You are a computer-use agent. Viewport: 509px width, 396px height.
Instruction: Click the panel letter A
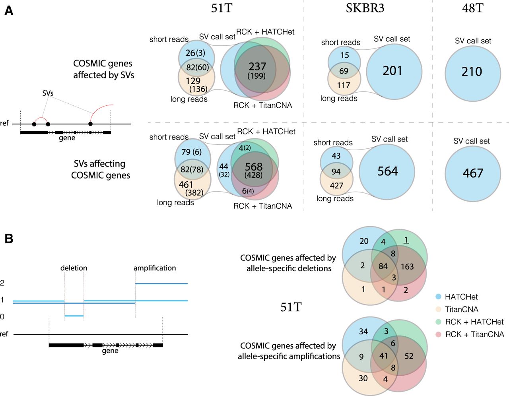[x=9, y=11]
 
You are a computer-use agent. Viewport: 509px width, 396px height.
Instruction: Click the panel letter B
[x=9, y=239]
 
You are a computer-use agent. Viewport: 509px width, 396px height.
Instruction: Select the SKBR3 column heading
[x=365, y=8]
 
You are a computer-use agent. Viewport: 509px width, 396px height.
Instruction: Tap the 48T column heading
[x=473, y=8]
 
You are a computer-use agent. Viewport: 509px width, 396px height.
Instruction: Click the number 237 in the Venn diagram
[x=257, y=66]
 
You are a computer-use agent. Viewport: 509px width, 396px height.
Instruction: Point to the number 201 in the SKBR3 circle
[x=392, y=71]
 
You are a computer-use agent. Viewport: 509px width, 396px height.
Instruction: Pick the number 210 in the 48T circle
[x=472, y=72]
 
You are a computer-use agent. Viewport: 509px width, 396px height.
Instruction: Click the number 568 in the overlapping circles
[x=254, y=167]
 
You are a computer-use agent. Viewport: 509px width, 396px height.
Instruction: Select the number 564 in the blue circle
[x=388, y=171]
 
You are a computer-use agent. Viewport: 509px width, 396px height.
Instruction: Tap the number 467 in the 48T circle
[x=473, y=173]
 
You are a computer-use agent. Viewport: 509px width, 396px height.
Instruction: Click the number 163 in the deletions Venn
[x=407, y=266]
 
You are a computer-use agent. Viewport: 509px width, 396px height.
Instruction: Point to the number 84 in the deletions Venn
[x=383, y=266]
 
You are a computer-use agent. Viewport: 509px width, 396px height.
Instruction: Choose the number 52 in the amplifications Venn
[x=409, y=356]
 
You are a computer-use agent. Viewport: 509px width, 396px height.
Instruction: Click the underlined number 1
[x=406, y=240]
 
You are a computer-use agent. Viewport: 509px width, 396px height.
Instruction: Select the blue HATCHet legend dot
[x=438, y=297]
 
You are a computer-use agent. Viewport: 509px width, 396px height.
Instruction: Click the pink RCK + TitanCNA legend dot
[x=438, y=334]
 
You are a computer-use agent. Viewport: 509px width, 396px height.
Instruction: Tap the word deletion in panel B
[x=74, y=268]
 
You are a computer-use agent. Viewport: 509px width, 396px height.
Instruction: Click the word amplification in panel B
[x=155, y=268]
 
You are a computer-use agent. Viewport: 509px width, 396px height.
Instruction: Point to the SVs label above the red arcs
[x=48, y=93]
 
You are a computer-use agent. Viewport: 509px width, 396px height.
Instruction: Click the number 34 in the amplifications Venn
[x=363, y=331]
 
